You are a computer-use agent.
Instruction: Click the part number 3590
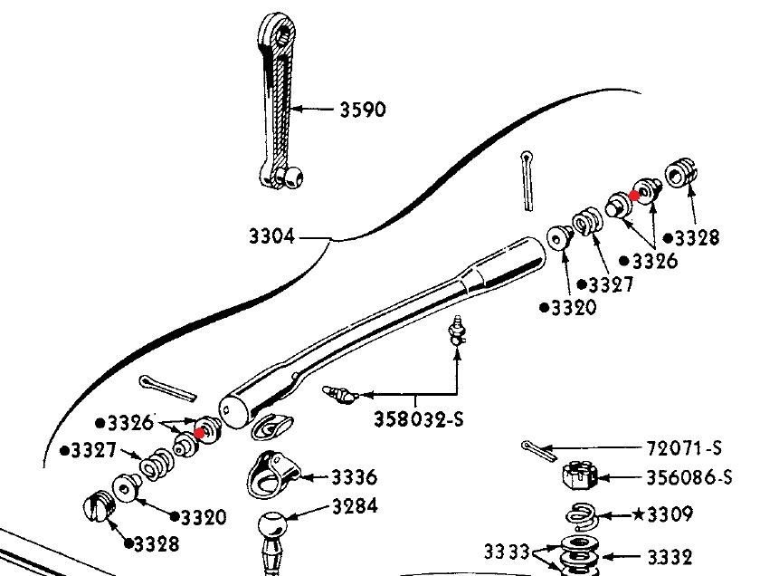(362, 110)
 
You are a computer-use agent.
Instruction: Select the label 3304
(271, 237)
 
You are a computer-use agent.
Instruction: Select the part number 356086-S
(684, 476)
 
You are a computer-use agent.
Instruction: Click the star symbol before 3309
(638, 515)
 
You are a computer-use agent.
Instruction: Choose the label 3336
(355, 477)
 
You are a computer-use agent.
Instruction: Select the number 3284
(355, 507)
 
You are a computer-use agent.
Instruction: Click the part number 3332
(669, 556)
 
